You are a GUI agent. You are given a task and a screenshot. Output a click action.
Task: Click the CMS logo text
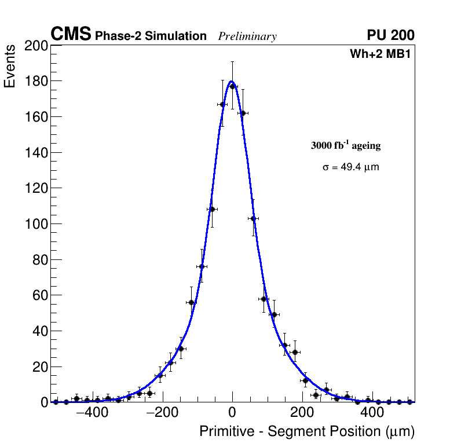(x=71, y=35)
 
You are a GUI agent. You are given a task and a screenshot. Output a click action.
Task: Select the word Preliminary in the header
(x=247, y=36)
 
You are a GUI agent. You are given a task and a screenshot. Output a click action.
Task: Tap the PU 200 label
(x=390, y=35)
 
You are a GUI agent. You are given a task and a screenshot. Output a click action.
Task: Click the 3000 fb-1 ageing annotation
(x=346, y=145)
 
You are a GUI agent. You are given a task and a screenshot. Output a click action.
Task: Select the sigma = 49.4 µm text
(x=350, y=167)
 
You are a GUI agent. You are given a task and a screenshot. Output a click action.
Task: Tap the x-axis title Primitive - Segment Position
(x=307, y=431)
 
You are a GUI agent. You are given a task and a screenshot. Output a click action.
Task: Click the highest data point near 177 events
(x=232, y=86)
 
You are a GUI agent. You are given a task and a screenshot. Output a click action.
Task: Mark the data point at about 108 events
(x=212, y=209)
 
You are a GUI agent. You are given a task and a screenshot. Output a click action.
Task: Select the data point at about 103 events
(x=253, y=218)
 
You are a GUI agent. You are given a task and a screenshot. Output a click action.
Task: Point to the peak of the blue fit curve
(x=231, y=82)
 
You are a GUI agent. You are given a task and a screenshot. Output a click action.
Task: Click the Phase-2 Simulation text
(x=151, y=36)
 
